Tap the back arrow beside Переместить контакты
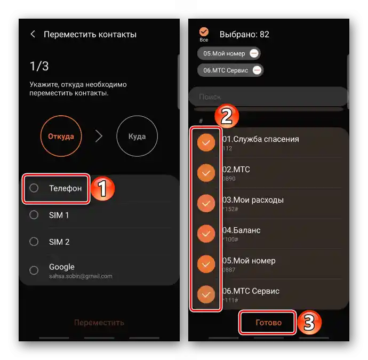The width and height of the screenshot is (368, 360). [33, 34]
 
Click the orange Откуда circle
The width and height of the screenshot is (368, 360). [61, 136]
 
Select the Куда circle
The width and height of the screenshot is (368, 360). [137, 136]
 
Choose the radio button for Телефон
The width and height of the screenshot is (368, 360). [34, 188]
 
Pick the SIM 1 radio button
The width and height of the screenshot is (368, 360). [34, 215]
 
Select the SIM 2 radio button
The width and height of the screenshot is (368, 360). [34, 242]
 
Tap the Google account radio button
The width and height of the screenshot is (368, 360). [34, 270]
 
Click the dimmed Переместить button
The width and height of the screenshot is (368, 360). [99, 322]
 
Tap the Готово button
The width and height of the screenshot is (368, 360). [268, 323]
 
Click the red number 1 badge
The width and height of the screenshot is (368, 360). [102, 189]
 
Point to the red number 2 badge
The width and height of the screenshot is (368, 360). [227, 117]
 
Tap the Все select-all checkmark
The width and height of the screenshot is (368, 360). [204, 32]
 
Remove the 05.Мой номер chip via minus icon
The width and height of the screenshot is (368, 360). [254, 53]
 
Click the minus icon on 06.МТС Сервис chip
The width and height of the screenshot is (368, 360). [257, 70]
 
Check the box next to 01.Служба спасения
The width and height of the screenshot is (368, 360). [206, 142]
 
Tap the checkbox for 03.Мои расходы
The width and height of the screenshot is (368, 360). [206, 203]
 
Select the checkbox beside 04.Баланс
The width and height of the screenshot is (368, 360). [206, 234]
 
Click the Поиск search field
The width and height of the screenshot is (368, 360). [267, 97]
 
